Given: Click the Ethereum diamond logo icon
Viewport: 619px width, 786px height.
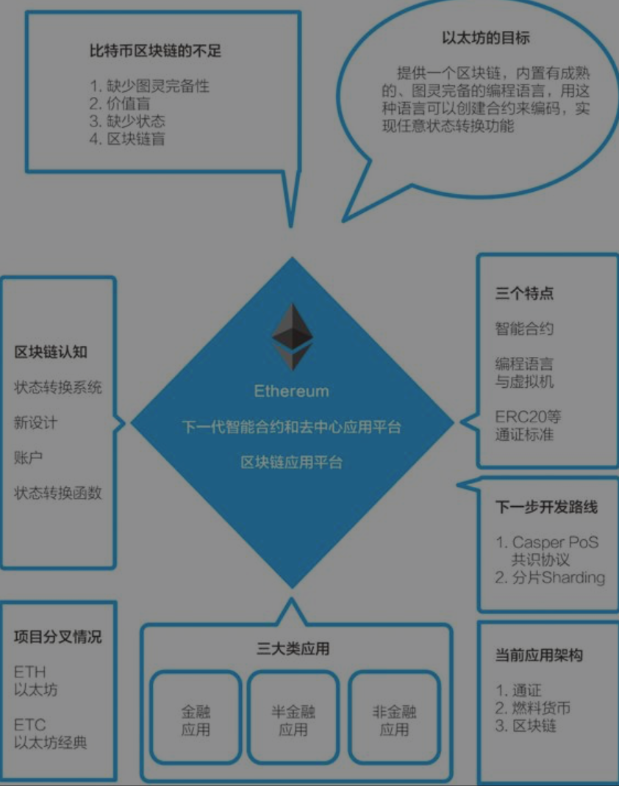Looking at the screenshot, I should click(292, 337).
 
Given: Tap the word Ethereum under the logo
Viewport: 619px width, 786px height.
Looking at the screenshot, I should click(292, 391).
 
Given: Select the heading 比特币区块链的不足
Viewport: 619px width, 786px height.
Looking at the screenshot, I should click(155, 51).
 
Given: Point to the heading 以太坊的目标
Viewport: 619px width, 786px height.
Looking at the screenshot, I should click(486, 37).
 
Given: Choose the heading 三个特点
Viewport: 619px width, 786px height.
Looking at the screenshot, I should click(524, 293).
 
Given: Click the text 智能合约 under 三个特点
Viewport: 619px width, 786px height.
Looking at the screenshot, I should click(524, 328).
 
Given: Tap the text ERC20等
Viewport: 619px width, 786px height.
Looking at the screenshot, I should click(528, 417).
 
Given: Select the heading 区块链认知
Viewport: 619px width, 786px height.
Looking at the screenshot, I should click(51, 352).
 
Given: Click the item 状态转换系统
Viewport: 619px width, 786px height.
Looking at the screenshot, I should click(58, 387).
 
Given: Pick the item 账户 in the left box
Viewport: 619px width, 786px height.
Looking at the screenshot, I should click(29, 457).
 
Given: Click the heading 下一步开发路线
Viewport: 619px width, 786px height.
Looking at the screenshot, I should click(546, 508).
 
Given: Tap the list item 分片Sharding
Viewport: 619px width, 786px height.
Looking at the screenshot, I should click(550, 577).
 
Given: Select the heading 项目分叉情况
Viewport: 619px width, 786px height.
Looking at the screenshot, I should click(58, 636).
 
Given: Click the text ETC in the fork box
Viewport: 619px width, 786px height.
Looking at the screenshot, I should click(29, 724).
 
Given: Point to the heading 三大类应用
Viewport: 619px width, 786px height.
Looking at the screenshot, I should click(293, 649).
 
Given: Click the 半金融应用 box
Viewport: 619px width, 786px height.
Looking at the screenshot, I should click(293, 720).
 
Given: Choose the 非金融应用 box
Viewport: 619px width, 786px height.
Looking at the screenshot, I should click(394, 720).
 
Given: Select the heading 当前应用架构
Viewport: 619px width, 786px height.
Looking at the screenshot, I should click(539, 655).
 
